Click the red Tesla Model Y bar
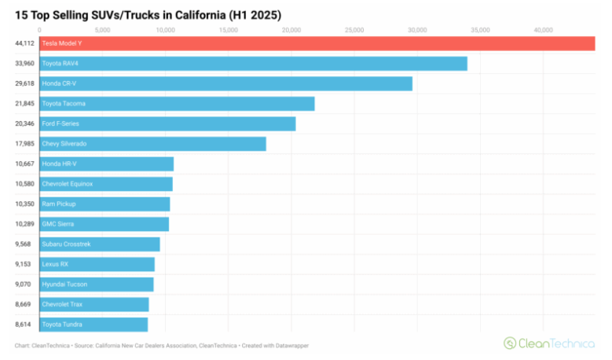pos(314,43)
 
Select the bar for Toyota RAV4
pos(251,64)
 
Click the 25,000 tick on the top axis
pos(354,30)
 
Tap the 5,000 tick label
pos(102,30)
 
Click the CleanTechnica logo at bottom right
pos(549,343)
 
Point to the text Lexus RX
pos(56,264)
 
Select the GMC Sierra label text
pos(59,224)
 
